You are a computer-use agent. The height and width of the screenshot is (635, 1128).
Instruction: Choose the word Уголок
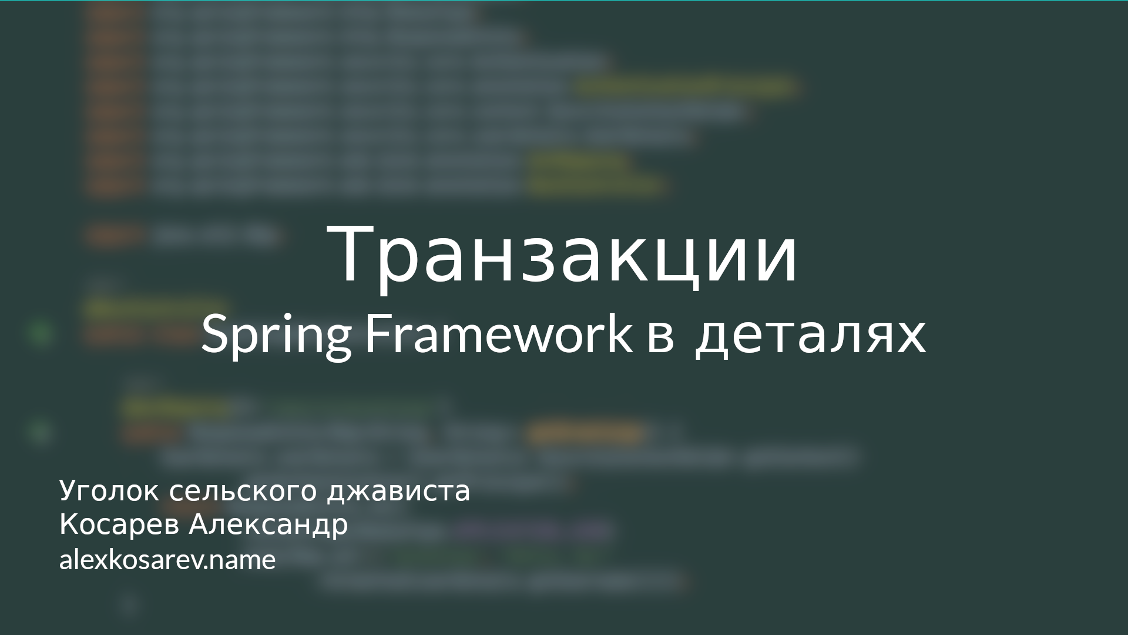click(109, 492)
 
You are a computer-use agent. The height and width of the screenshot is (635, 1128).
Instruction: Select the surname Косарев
click(119, 525)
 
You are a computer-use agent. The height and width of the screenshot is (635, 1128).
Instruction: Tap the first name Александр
click(268, 525)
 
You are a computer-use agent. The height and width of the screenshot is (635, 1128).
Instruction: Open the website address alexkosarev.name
click(167, 560)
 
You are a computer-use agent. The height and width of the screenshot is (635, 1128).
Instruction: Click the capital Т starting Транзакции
click(351, 254)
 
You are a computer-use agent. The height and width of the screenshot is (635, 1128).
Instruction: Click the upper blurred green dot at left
click(41, 333)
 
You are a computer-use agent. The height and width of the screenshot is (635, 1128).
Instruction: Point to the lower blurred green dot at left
click(40, 432)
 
